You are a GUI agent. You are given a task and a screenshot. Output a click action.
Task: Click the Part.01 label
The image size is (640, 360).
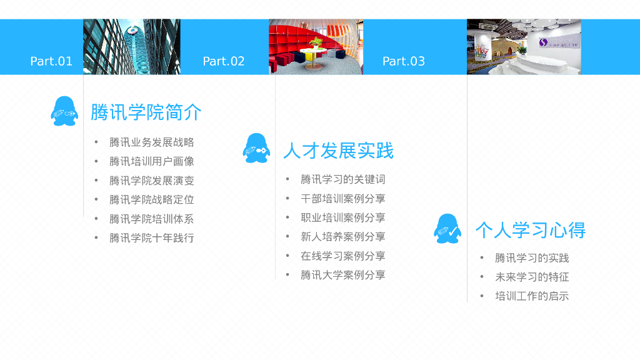point(51,61)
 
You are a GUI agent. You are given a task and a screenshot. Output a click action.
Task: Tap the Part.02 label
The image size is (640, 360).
point(224,61)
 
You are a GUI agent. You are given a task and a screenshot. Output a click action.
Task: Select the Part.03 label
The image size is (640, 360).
point(403,61)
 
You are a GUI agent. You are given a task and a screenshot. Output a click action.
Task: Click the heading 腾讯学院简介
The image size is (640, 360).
point(146,112)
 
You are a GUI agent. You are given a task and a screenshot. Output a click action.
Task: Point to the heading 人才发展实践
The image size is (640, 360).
point(338,151)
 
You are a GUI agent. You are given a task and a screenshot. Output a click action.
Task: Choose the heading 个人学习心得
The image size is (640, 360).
point(530,230)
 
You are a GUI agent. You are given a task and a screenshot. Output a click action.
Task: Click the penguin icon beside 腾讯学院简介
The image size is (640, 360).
point(64,111)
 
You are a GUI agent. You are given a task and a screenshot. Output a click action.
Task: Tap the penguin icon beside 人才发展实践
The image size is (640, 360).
point(256,149)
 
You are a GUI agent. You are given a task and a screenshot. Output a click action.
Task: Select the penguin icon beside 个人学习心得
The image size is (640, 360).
point(447,229)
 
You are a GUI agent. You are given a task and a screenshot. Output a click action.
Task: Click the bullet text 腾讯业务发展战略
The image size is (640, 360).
point(152,142)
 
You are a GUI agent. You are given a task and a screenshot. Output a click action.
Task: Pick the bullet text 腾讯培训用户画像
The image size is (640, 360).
point(152,161)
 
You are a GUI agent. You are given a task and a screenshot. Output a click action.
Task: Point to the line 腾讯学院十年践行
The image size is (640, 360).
point(152,237)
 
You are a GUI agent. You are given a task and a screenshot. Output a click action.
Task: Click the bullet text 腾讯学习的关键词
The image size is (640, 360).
point(343,179)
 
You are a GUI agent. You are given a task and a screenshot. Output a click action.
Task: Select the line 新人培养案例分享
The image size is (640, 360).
point(343,237)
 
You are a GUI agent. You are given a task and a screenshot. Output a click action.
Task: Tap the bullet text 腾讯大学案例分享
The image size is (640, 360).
point(343,275)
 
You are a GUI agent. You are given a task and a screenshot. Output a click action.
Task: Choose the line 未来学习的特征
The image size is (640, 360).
point(532,277)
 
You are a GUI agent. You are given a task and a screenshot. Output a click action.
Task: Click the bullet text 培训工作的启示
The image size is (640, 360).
point(532,296)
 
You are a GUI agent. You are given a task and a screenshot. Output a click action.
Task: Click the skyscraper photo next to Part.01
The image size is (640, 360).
point(132,47)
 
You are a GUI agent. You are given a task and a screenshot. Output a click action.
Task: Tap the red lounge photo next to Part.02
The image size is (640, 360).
point(316,47)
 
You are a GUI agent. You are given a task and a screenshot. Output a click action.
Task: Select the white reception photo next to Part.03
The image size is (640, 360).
point(524,47)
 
